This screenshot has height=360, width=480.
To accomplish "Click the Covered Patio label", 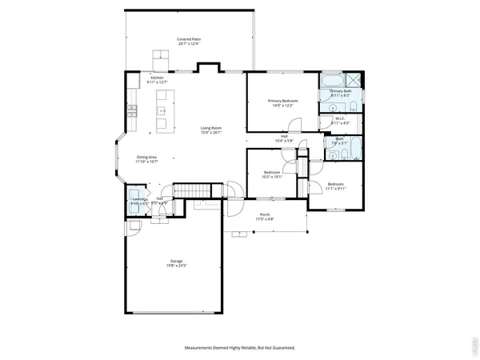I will tap(189, 39).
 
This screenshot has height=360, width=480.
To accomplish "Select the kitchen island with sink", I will tap(163, 110).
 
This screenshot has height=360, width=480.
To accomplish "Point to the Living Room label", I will tap(211, 128).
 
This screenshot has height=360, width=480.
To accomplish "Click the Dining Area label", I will tap(147, 157).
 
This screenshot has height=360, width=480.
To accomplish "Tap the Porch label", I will tap(265, 214).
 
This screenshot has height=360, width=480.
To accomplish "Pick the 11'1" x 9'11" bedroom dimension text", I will tap(334, 189).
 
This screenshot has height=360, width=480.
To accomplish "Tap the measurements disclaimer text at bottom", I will tap(240, 348).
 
